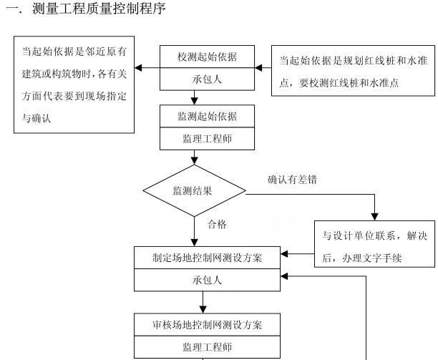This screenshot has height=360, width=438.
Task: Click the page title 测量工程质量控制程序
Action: tap(89, 9)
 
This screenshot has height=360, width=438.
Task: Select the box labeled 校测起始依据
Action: tap(208, 57)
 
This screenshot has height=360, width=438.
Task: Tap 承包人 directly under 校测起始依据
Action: tap(208, 79)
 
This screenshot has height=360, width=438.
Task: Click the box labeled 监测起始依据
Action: tap(208, 116)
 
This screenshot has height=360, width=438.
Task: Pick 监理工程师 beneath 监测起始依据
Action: tap(208, 138)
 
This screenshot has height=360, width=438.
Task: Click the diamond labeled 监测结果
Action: tap(193, 191)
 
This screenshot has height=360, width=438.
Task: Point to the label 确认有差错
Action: tap(293, 180)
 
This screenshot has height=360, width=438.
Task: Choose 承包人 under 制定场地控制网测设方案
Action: tap(208, 280)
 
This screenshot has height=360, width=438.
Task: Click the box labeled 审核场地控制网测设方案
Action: tap(208, 324)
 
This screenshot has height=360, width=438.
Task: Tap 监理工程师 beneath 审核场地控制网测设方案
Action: tap(208, 346)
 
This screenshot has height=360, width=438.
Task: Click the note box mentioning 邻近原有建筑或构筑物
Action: tap(74, 86)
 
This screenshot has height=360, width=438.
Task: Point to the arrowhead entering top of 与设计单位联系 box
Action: tap(373, 216)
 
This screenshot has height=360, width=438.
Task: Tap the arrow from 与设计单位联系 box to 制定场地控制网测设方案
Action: tap(286, 253)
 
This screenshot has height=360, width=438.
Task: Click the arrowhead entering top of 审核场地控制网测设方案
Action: tap(203, 310)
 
